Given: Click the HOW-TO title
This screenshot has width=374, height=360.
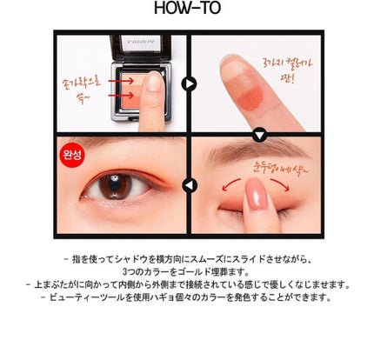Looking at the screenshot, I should [x=186, y=11].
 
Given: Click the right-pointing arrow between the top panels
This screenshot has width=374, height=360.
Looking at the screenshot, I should [x=186, y=84].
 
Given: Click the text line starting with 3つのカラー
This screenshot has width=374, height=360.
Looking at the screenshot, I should [x=186, y=272].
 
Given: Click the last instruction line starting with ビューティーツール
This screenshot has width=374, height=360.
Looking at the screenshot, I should [x=186, y=297].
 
